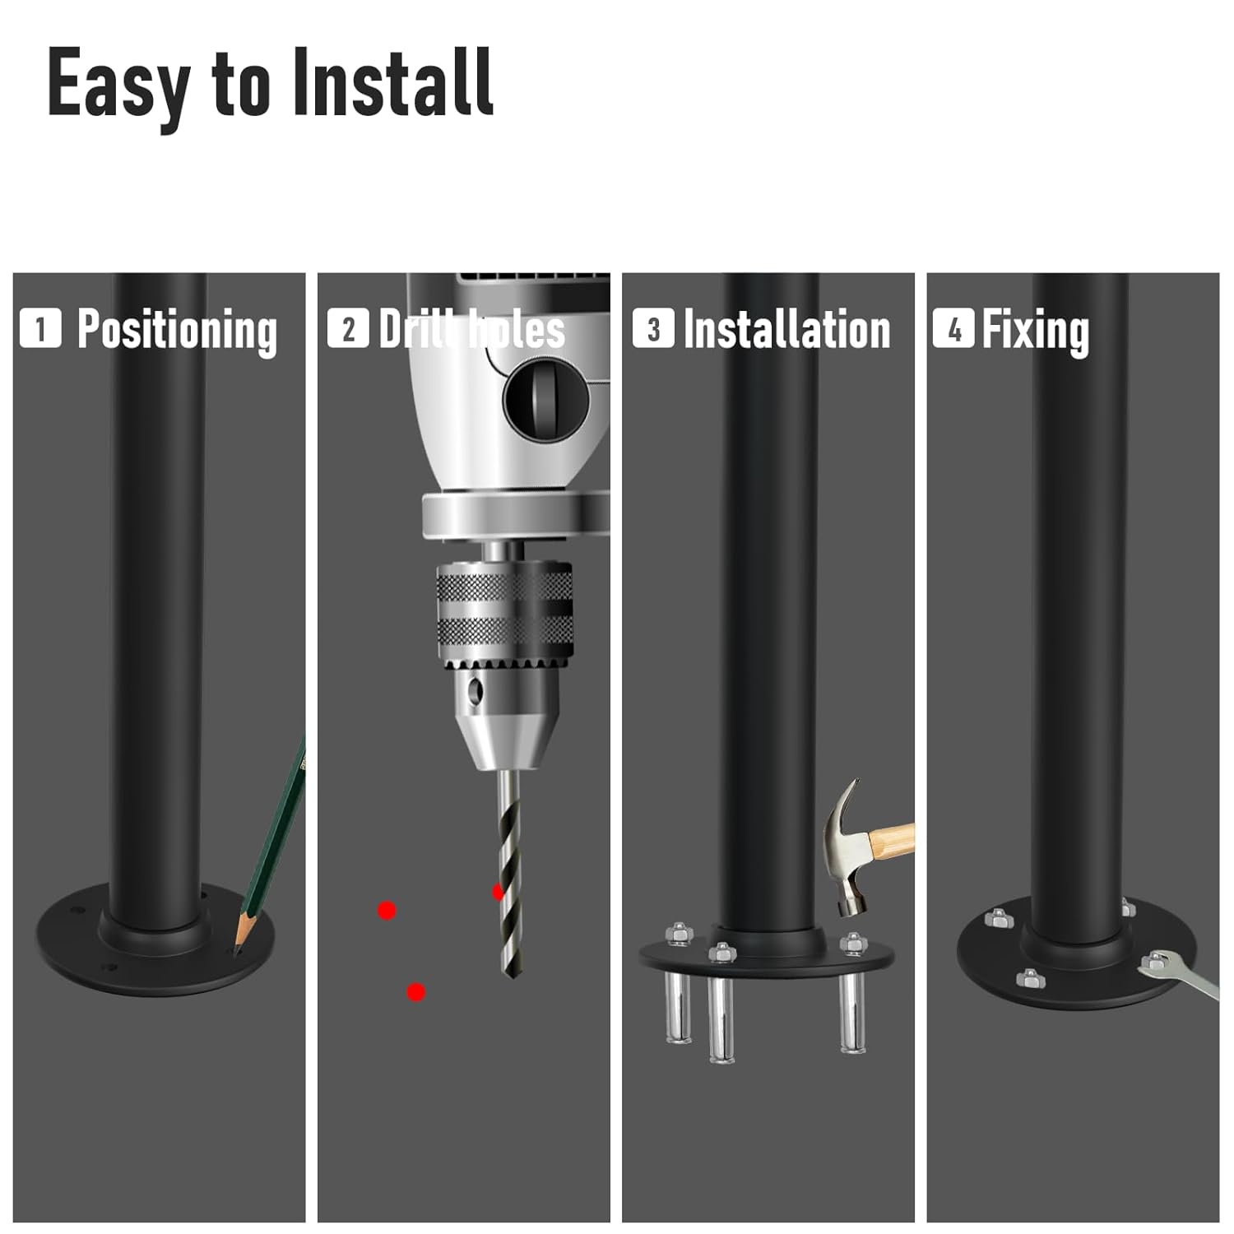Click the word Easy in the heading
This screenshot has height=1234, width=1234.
pyautogui.click(x=118, y=84)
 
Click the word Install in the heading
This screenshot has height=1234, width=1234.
pyautogui.click(x=393, y=82)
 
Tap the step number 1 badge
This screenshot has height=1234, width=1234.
pyautogui.click(x=40, y=328)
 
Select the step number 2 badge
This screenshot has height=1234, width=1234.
pyautogui.click(x=348, y=328)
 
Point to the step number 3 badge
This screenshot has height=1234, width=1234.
pyautogui.click(x=653, y=328)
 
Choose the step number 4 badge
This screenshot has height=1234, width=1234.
pyautogui.click(x=953, y=328)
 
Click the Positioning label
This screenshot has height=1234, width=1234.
pyautogui.click(x=177, y=330)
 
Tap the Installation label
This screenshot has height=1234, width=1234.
pyautogui.click(x=786, y=330)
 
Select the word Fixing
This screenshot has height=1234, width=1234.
pyautogui.click(x=1036, y=330)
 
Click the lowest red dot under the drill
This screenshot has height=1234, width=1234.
pyautogui.click(x=416, y=992)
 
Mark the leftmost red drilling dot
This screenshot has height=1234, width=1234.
pyautogui.click(x=387, y=910)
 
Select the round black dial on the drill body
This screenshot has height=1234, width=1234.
pyautogui.click(x=545, y=401)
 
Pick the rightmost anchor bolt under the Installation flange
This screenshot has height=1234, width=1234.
pyautogui.click(x=851, y=1012)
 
